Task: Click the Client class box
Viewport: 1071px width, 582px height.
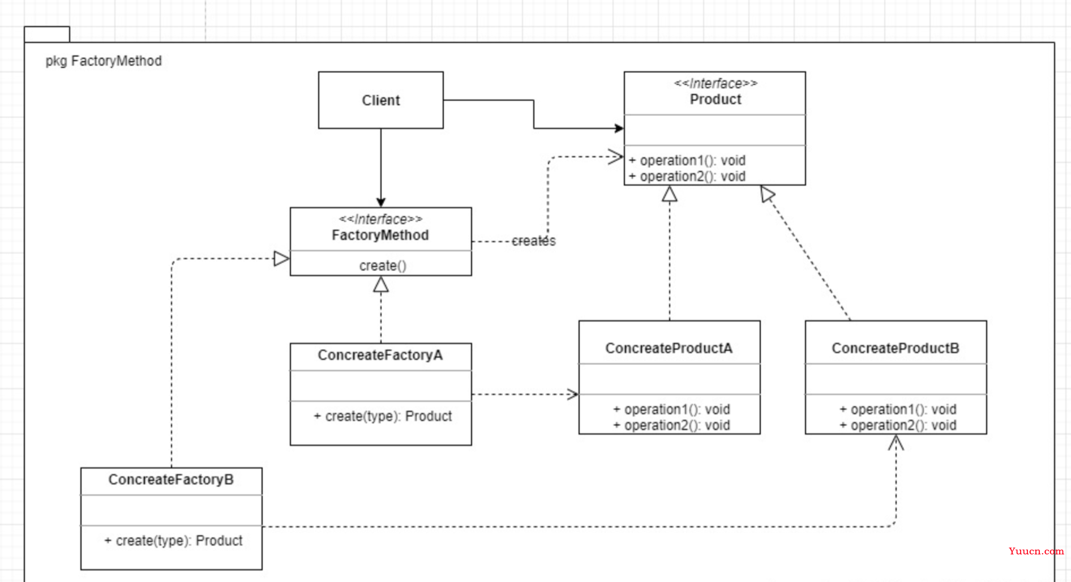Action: (x=380, y=100)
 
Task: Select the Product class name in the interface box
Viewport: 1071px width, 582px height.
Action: (x=716, y=100)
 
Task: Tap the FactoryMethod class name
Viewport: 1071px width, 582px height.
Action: (x=380, y=236)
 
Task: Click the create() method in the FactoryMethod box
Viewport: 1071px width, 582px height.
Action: (x=383, y=266)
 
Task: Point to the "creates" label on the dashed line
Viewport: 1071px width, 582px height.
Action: (x=533, y=241)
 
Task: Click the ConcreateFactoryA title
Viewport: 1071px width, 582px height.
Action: (x=380, y=355)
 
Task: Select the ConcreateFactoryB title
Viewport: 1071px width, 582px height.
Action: (x=171, y=480)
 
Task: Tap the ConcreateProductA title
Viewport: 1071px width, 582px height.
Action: (x=669, y=348)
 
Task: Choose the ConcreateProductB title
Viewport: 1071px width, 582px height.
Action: (x=896, y=348)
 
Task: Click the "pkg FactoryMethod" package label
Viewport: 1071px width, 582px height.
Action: (x=104, y=61)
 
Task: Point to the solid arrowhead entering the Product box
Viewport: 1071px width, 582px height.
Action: (x=619, y=129)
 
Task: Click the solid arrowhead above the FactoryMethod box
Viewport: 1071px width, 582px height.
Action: (x=381, y=202)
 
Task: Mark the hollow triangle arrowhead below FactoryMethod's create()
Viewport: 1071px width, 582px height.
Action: (x=381, y=284)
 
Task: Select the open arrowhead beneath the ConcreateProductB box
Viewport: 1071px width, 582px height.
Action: (x=896, y=442)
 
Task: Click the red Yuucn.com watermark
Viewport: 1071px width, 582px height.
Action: (x=1036, y=551)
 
